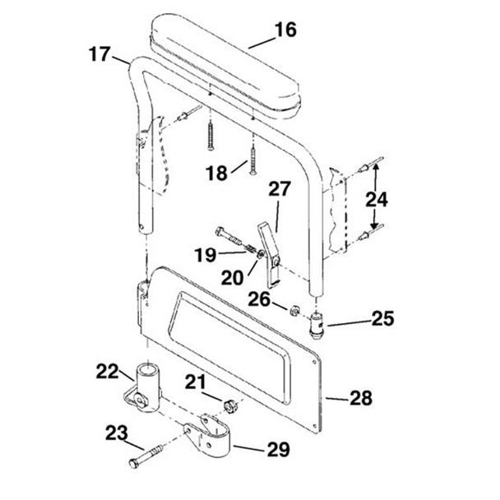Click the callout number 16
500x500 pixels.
click(285, 31)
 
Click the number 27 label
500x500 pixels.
click(280, 188)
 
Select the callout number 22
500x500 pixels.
click(107, 373)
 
